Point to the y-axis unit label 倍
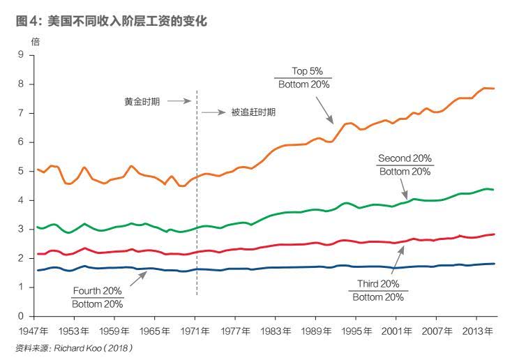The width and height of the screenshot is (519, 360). (x=36, y=42)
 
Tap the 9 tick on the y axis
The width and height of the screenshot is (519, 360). (x=21, y=54)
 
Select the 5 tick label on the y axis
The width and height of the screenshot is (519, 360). (x=21, y=171)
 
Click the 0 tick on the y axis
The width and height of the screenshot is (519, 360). (x=21, y=316)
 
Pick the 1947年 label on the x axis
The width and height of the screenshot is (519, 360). (x=33, y=331)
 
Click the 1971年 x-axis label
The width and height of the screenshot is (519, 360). (x=195, y=331)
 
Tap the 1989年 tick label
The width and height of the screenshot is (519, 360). (x=316, y=331)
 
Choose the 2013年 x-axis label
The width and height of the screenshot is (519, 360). (x=477, y=331)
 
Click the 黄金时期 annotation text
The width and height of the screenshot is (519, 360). (x=142, y=102)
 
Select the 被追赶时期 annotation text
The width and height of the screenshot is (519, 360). (x=253, y=112)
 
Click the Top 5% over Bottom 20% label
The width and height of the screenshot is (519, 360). (x=303, y=78)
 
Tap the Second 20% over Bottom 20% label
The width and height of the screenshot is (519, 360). (x=405, y=165)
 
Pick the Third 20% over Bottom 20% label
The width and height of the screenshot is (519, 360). (x=378, y=290)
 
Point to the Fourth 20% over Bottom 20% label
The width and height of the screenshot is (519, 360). (x=98, y=297)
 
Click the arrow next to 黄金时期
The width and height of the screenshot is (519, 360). (x=179, y=101)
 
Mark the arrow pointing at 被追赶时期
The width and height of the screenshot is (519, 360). (x=214, y=112)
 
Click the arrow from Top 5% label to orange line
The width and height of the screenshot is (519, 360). (x=324, y=110)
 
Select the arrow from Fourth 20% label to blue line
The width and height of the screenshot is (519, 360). (x=139, y=278)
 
